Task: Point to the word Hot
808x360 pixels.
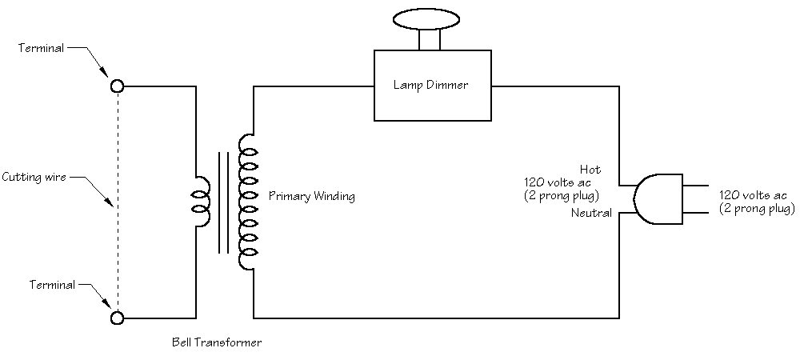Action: point(590,170)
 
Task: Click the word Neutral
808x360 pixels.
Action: point(591,213)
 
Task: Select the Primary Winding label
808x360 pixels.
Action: point(312,196)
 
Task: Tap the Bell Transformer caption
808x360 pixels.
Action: point(217,342)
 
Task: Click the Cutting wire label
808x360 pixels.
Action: point(34,177)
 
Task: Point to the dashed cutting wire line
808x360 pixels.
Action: point(118,202)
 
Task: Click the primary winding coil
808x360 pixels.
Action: point(247,202)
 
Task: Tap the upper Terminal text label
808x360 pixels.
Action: point(42,48)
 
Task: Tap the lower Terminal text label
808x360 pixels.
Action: point(52,285)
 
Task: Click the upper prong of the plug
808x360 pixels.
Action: point(696,185)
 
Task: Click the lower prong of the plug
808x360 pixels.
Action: point(696,212)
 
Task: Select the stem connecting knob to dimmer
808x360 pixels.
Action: point(430,40)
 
